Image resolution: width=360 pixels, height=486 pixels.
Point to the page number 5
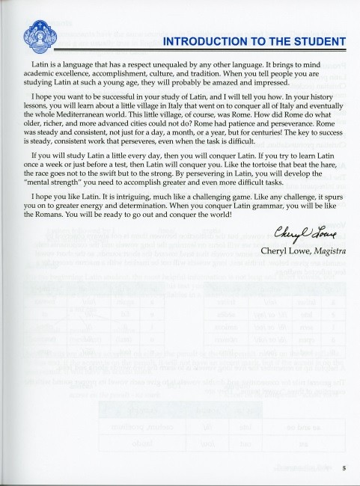pyautogui.click(x=344, y=469)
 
